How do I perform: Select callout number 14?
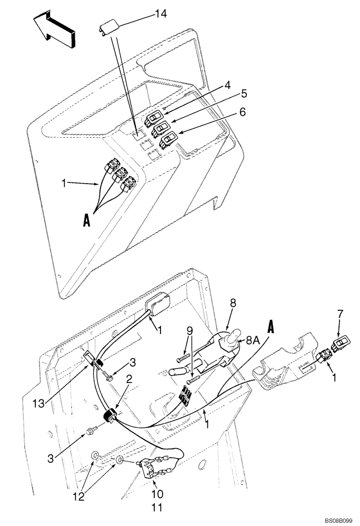pyautogui.click(x=161, y=14)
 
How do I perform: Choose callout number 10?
pyautogui.click(x=157, y=494)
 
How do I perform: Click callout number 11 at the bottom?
pyautogui.click(x=157, y=508)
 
